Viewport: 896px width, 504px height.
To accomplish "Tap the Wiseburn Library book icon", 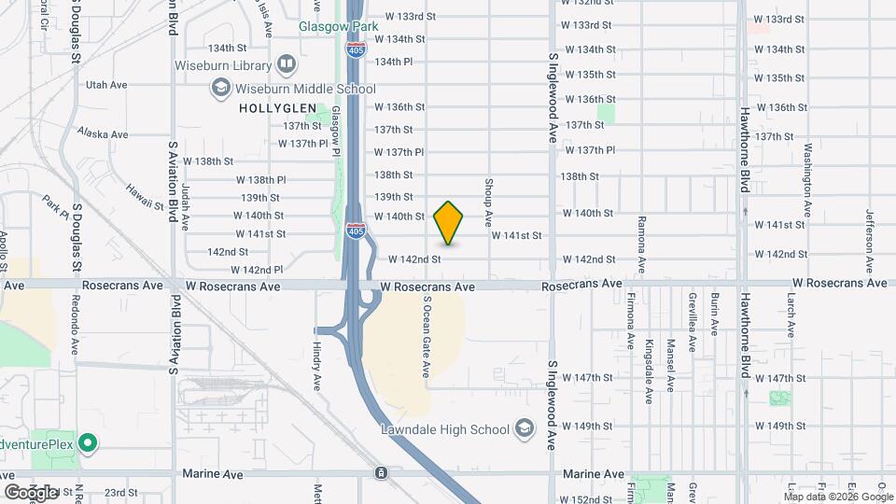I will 287,65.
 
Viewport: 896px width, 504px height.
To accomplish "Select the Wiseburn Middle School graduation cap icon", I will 221,89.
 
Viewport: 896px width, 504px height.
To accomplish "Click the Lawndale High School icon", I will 524,429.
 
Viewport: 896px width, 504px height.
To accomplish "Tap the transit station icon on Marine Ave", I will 382,473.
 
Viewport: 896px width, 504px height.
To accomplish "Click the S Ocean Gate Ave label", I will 427,337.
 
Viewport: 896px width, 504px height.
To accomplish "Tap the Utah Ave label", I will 105,85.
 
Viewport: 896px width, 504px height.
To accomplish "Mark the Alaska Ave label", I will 105,134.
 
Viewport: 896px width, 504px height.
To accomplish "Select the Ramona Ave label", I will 641,245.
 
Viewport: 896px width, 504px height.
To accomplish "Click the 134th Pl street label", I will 393,62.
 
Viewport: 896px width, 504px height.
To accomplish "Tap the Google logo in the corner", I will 31,492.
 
